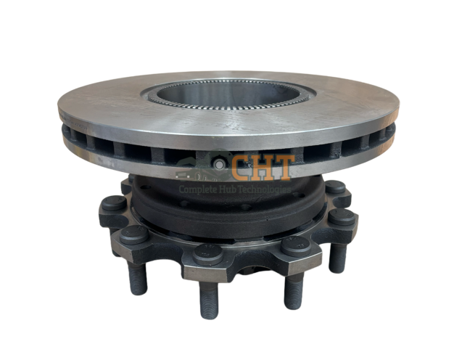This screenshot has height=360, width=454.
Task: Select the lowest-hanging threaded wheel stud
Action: (x=209, y=300)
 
